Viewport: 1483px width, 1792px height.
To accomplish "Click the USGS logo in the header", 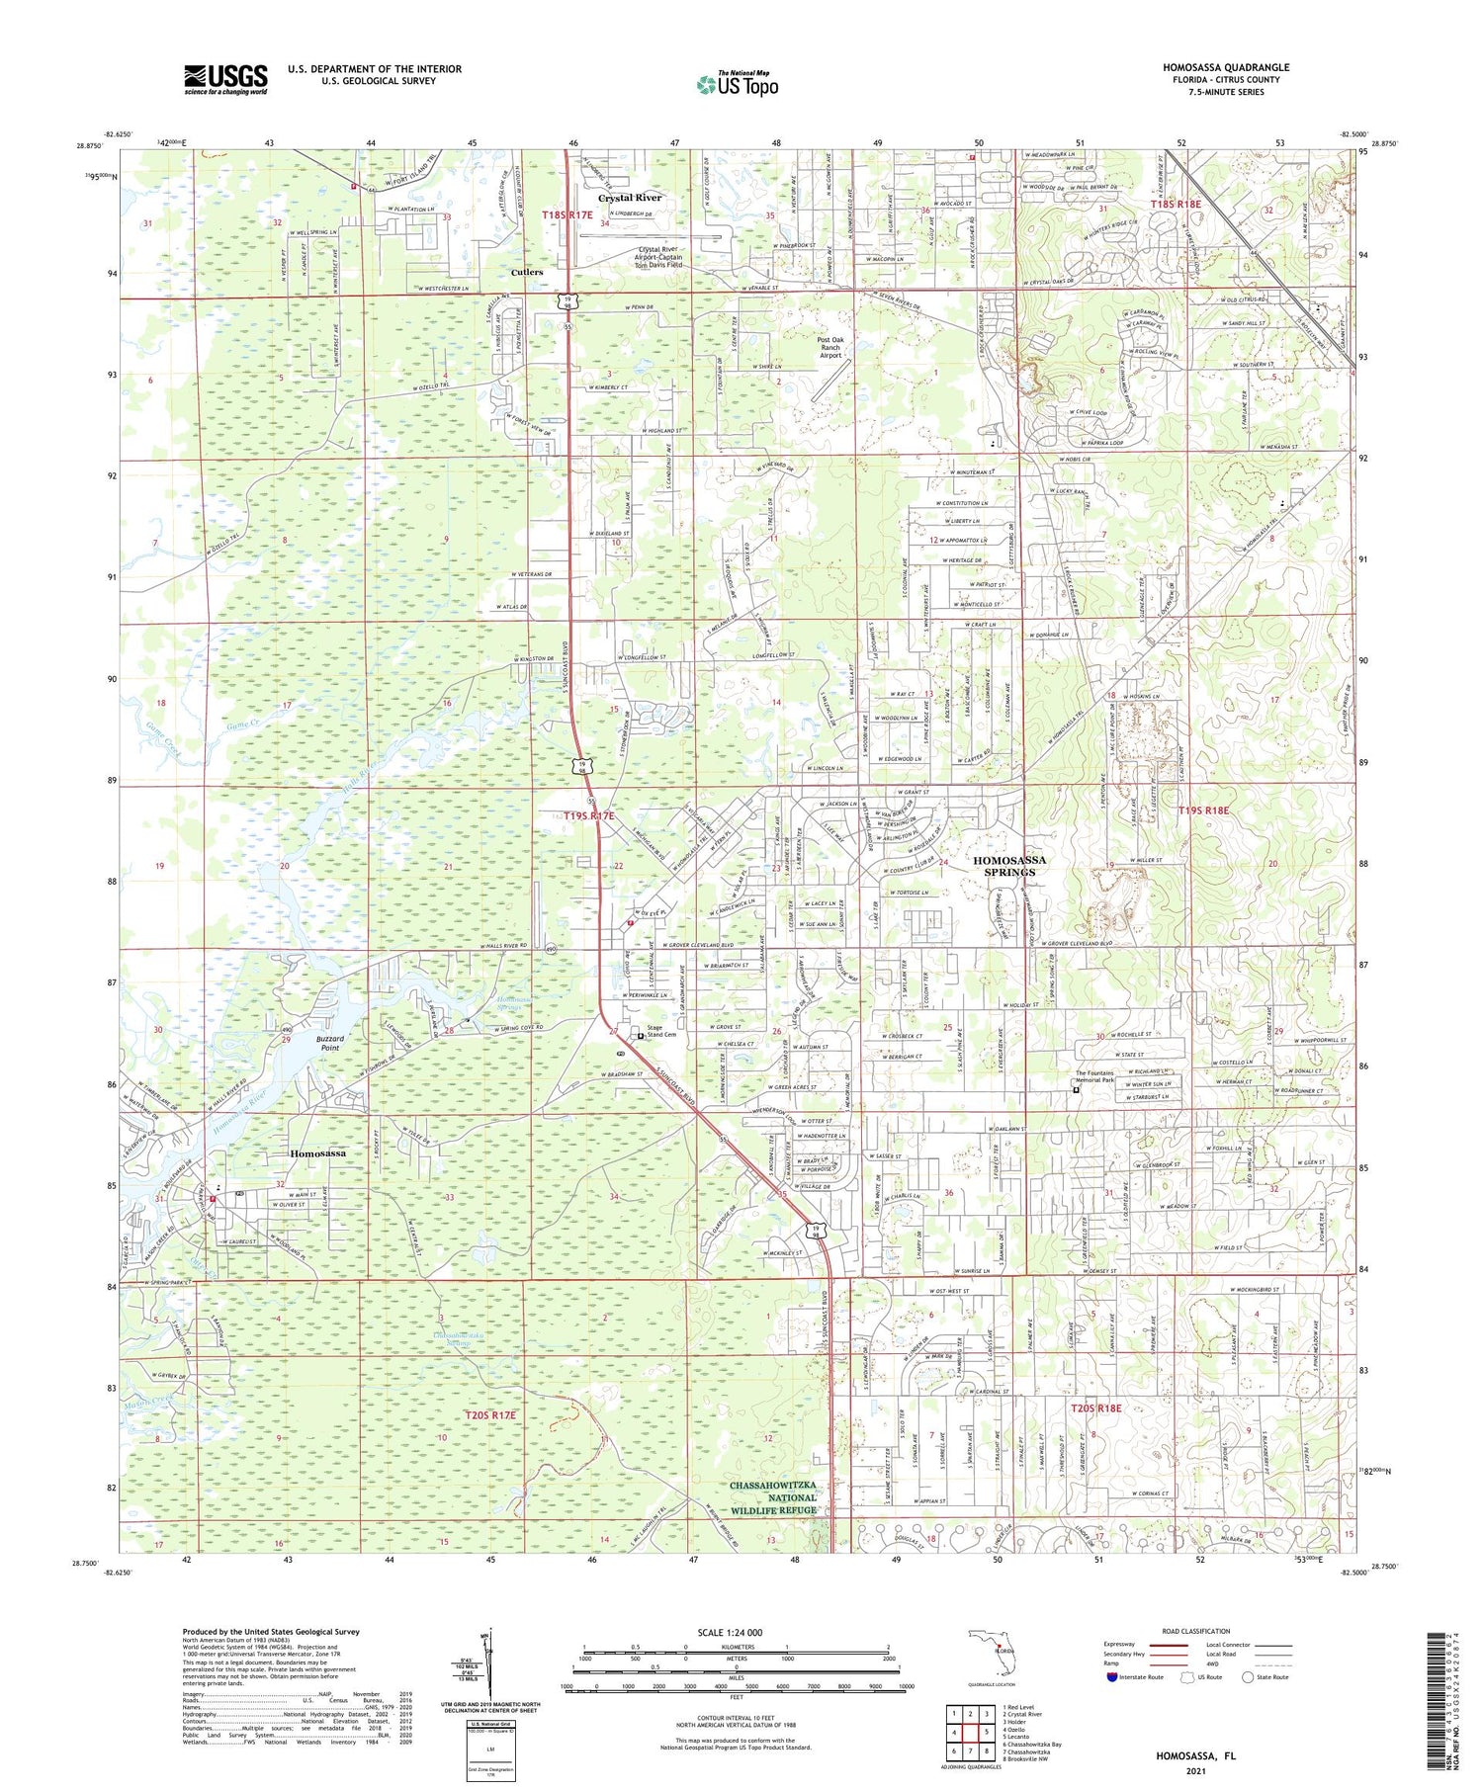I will click(225, 79).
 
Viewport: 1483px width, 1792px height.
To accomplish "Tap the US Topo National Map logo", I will click(738, 84).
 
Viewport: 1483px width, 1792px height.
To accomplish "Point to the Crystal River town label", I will click(629, 198).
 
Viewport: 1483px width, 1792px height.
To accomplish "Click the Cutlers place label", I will click(526, 272).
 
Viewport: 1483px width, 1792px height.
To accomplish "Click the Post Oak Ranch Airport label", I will click(829, 347).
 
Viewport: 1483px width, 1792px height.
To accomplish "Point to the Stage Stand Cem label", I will click(660, 1031).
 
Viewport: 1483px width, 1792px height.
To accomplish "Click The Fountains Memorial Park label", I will click(1107, 1078).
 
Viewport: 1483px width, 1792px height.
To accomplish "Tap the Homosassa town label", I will click(317, 1153).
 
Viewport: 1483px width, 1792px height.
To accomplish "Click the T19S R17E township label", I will click(588, 815).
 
